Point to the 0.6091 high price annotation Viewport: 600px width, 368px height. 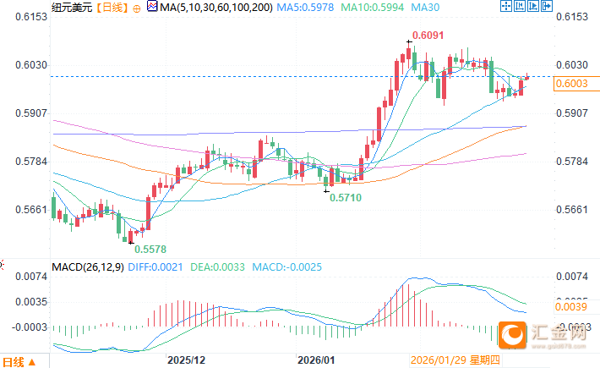427,36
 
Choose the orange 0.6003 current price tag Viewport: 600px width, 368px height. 575,82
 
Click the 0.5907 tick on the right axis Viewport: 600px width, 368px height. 574,113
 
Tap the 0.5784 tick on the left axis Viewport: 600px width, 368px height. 25,162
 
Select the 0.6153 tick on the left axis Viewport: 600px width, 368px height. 25,17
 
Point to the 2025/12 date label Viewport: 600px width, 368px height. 186,360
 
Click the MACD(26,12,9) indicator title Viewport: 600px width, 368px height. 88,266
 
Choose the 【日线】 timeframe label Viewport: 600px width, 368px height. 112,7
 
